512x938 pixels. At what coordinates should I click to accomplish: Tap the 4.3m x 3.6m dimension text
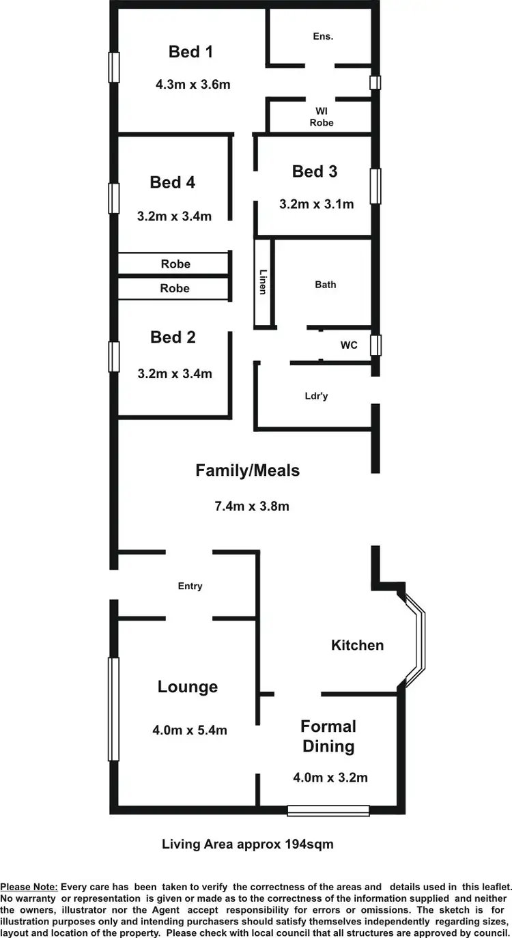click(x=193, y=85)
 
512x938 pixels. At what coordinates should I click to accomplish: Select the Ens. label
click(x=323, y=36)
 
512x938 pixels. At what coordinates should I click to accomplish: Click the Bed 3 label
click(x=315, y=171)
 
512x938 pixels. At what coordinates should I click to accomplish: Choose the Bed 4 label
click(x=173, y=182)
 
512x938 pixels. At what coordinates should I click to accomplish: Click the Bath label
click(x=326, y=284)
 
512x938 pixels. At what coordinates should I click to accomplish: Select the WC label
click(x=349, y=345)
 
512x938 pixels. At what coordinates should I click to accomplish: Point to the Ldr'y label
click(x=316, y=396)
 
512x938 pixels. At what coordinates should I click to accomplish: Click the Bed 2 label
click(x=173, y=337)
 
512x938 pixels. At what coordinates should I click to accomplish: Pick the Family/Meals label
click(x=248, y=470)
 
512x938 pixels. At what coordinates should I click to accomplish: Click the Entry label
click(x=190, y=586)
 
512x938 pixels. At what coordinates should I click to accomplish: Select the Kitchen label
click(x=358, y=645)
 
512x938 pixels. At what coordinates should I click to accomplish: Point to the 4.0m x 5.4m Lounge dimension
click(x=190, y=730)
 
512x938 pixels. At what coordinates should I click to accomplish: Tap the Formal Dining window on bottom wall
click(x=328, y=810)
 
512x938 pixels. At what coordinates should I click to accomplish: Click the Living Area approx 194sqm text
click(x=248, y=844)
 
